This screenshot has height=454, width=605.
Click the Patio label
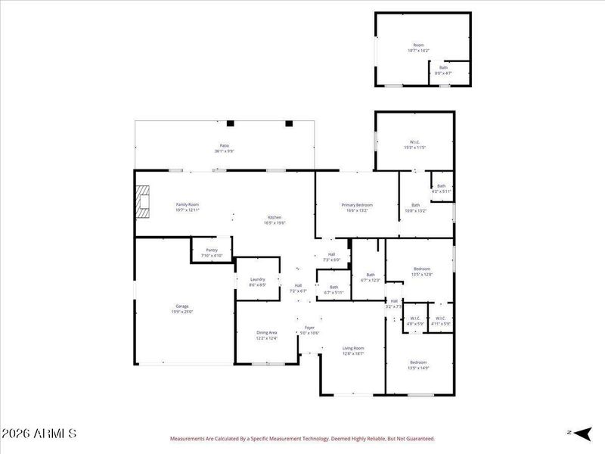pos(225,148)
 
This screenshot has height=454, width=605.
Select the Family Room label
pos(188,207)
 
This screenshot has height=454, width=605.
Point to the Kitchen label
pos(274,220)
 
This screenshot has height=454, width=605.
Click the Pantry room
pos(211,252)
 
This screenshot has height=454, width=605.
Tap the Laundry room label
pos(257,281)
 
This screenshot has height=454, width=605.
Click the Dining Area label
pos(267,335)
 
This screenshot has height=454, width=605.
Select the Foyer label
pos(310,330)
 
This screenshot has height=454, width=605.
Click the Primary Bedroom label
pos(357,207)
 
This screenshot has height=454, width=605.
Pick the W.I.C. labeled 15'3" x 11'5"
pos(414,145)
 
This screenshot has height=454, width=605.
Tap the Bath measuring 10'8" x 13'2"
pos(415,208)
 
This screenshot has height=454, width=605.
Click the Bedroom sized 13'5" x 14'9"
pos(419,365)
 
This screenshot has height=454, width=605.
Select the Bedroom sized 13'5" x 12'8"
pos(421,272)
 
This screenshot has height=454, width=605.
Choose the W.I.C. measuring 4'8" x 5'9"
pos(414,321)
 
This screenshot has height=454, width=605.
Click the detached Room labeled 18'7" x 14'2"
pos(418,48)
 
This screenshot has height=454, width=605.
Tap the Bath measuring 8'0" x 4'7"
pos(443,70)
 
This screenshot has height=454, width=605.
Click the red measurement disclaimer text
pos(302,438)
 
